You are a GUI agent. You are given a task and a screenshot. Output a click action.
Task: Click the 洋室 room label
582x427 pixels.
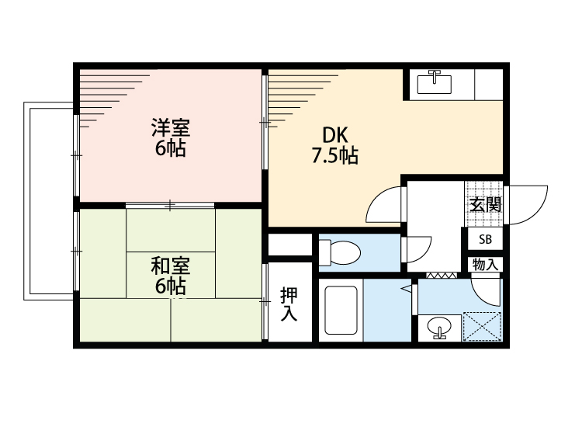[x=170, y=126]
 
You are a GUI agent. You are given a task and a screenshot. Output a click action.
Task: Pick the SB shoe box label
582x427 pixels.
[x=485, y=239]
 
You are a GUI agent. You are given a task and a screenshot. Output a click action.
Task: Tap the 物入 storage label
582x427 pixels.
[x=486, y=265]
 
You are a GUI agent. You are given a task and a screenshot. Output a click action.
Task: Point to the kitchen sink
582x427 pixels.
[x=435, y=82]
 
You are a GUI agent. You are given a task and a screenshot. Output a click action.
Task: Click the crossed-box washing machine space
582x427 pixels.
[x=482, y=326]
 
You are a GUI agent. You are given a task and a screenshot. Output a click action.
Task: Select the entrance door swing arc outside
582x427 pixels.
[x=530, y=205]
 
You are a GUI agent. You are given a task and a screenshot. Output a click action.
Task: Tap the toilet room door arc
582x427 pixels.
[x=417, y=250]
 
